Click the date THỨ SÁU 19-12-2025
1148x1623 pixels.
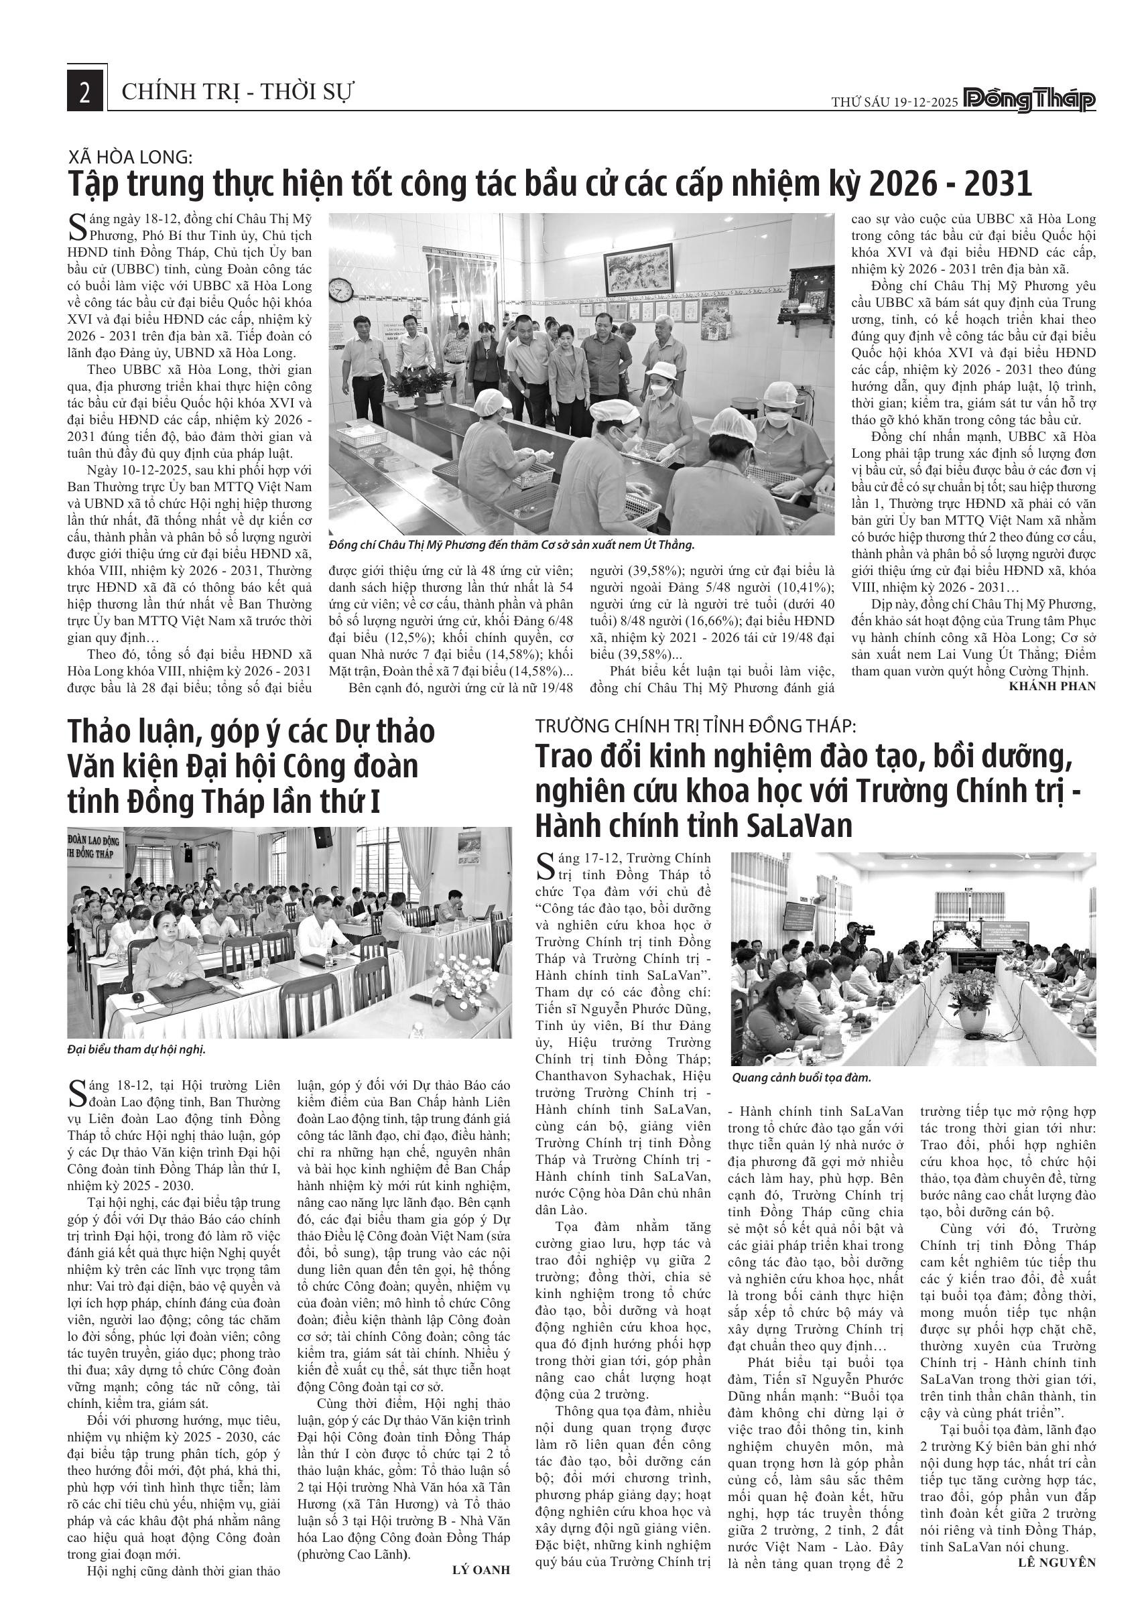tap(894, 103)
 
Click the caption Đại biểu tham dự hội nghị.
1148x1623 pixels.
tap(136, 1049)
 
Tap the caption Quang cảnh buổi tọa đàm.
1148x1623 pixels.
tap(802, 1078)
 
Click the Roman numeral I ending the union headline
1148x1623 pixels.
tap(375, 801)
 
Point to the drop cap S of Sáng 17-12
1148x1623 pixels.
tap(545, 866)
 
